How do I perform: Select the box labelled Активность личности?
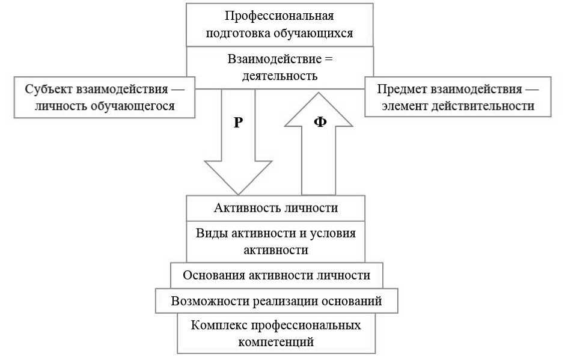click(x=276, y=208)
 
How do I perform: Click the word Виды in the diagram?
click(x=211, y=233)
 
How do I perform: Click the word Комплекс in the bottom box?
click(x=218, y=325)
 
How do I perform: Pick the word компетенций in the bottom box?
click(x=276, y=343)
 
